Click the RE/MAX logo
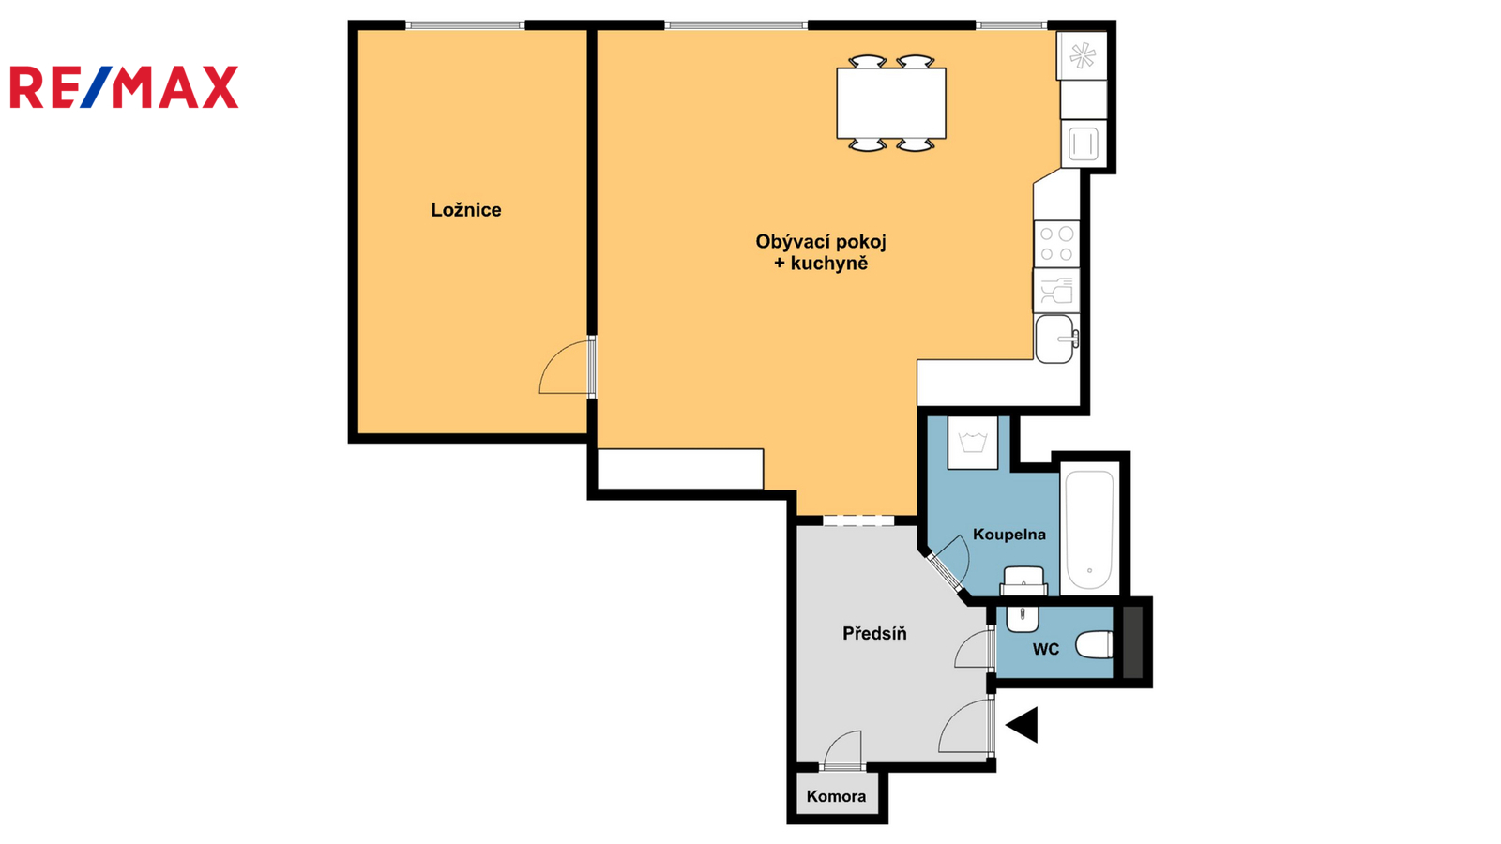[x=124, y=87]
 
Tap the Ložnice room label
[x=465, y=210]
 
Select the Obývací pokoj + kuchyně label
[x=821, y=252]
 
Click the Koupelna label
[x=1009, y=535]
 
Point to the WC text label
[x=1045, y=649]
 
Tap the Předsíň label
[x=874, y=633]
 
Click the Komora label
[x=836, y=796]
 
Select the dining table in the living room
[x=891, y=103]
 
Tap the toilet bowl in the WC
[x=1094, y=646]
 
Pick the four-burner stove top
[x=1056, y=244]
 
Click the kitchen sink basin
[x=1054, y=339]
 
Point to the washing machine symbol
[x=972, y=443]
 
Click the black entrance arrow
[x=1023, y=725]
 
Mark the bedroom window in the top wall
[x=465, y=25]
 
